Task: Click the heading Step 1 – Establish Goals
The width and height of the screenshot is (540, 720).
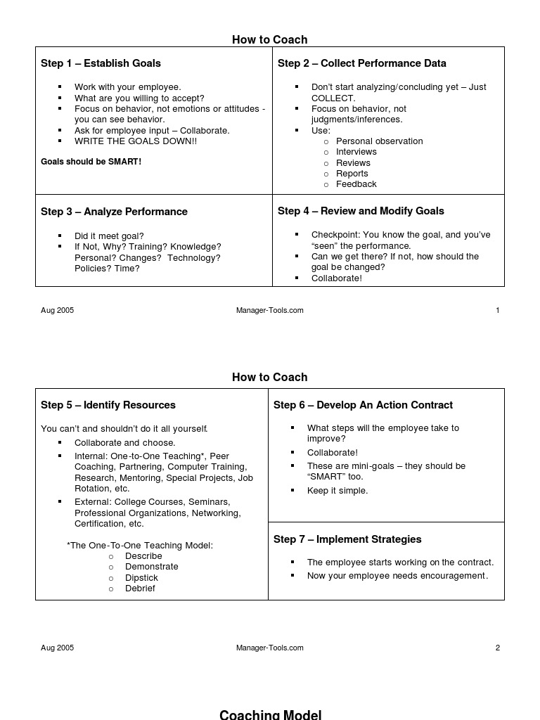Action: coord(101,63)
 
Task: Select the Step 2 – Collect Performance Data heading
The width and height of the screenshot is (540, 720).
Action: coord(361,63)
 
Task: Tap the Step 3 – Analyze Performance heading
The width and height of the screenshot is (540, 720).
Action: coord(114,212)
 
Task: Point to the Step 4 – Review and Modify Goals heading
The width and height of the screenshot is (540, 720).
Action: coord(361,211)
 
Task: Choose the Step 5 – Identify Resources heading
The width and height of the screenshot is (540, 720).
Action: coord(108,405)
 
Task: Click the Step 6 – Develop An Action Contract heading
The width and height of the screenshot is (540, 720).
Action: coord(363,405)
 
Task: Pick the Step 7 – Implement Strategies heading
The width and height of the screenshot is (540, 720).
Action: coord(347,539)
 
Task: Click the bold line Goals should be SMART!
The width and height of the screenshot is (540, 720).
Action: coord(91,162)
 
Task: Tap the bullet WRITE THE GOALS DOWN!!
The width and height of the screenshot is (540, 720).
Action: coord(136,141)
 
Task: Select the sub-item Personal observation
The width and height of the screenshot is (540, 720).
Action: coord(379,141)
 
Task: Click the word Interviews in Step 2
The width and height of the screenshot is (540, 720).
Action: coord(356,152)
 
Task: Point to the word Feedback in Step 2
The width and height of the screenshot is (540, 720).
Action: coord(356,184)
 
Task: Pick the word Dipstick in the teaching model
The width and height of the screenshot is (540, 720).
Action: coord(141,578)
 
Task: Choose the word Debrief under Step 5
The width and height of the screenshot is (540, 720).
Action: coord(140,589)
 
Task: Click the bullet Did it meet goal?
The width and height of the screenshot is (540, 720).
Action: coord(109,236)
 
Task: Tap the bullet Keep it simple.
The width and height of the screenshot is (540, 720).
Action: coord(337,491)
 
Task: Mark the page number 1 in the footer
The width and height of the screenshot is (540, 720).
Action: coord(498,310)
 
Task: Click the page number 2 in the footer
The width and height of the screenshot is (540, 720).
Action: coord(498,648)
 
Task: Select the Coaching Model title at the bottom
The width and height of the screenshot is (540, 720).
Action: coord(270,714)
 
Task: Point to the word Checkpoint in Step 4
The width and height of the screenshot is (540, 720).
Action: coord(335,235)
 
